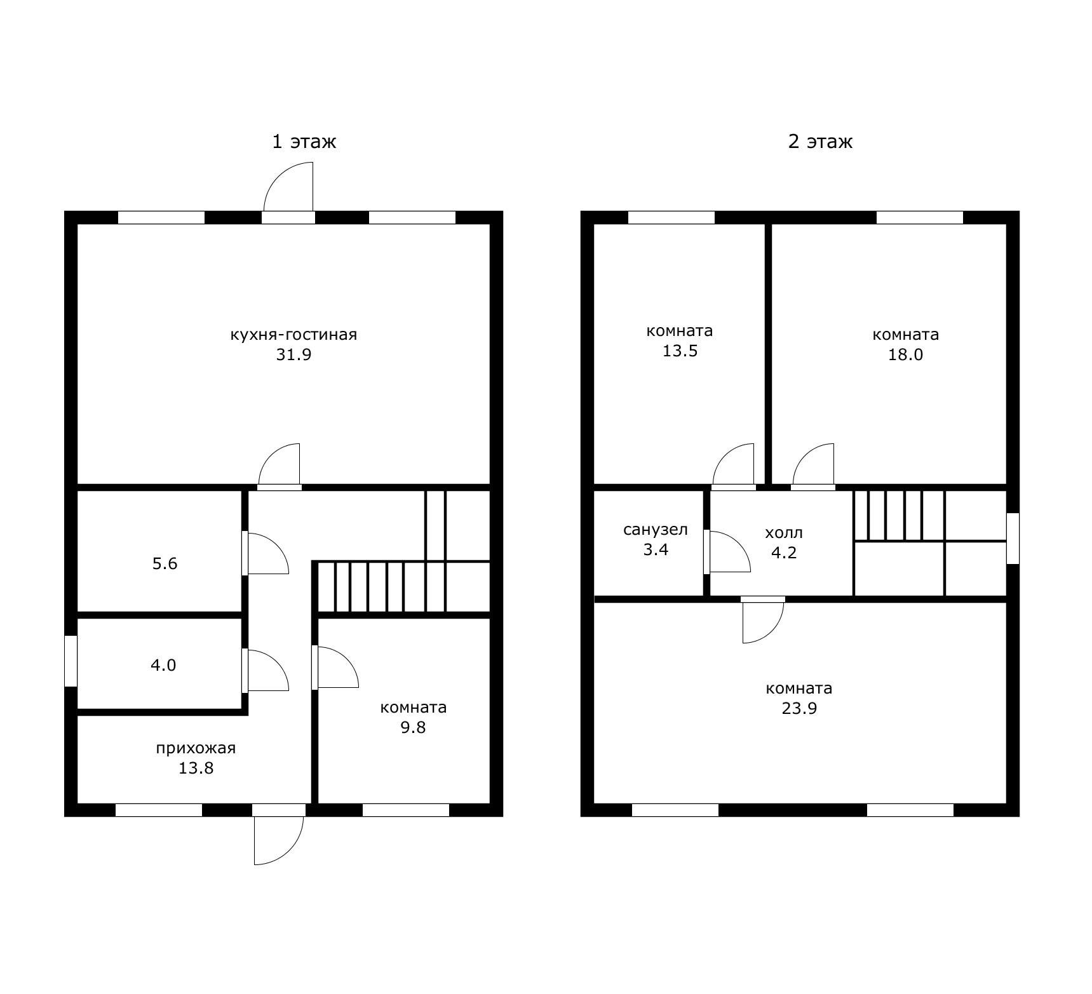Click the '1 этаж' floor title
304,141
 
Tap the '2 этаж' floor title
820,141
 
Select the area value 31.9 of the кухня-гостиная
293,354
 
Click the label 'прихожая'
196,748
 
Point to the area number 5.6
165,563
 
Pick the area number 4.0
163,665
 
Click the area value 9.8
413,727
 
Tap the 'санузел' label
656,530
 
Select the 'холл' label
784,532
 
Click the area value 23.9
799,708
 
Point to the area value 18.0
905,354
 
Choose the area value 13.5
680,351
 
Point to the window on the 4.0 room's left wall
71,661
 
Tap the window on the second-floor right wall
1013,538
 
